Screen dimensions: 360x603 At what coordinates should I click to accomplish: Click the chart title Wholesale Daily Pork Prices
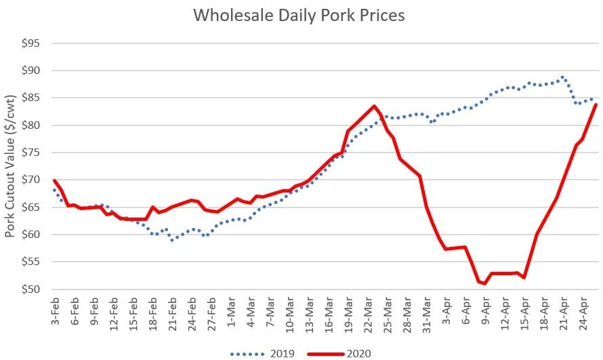299,15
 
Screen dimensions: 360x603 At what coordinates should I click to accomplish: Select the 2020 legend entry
339,352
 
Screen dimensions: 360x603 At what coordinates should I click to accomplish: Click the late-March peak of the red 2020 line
374,106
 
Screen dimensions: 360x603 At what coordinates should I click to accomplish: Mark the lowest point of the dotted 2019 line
172,240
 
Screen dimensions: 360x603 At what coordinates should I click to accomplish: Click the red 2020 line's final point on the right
596,104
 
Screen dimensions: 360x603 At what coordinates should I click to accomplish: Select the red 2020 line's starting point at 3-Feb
54,180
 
